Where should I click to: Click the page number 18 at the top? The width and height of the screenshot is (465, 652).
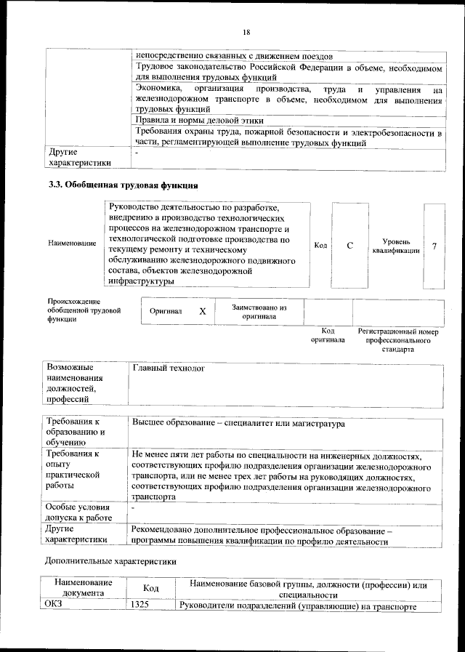(x=246, y=32)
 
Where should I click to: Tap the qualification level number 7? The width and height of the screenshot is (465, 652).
(x=434, y=246)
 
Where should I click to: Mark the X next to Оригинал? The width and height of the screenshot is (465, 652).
(x=203, y=311)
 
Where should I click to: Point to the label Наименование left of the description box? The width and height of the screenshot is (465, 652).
(x=72, y=243)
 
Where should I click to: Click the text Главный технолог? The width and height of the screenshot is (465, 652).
(x=169, y=369)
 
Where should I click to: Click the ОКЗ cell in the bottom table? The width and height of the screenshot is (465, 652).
(x=55, y=605)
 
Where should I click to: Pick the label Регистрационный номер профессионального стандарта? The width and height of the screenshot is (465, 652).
(x=399, y=339)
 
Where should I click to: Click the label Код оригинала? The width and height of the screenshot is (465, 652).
(x=328, y=335)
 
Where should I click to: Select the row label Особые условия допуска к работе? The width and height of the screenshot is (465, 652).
(x=78, y=512)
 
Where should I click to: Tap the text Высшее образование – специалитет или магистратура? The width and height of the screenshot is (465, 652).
(x=238, y=423)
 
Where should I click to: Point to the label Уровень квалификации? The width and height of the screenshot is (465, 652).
(x=396, y=246)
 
